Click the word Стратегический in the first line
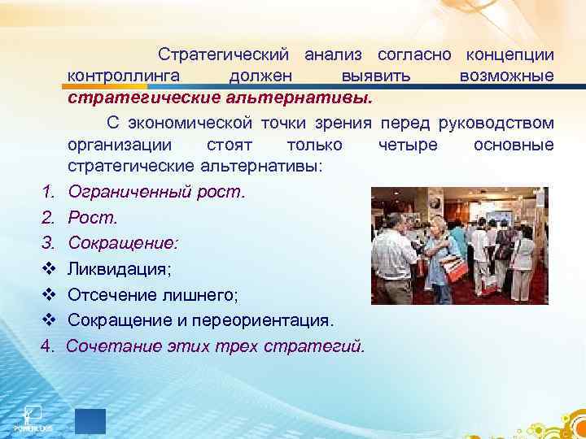point(224,54)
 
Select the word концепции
point(509,54)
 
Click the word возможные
point(506,76)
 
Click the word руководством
point(496,123)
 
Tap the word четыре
point(407,145)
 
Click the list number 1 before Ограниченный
point(48,193)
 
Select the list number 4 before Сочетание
point(48,347)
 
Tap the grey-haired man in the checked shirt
point(399,252)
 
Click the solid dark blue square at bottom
point(90,420)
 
